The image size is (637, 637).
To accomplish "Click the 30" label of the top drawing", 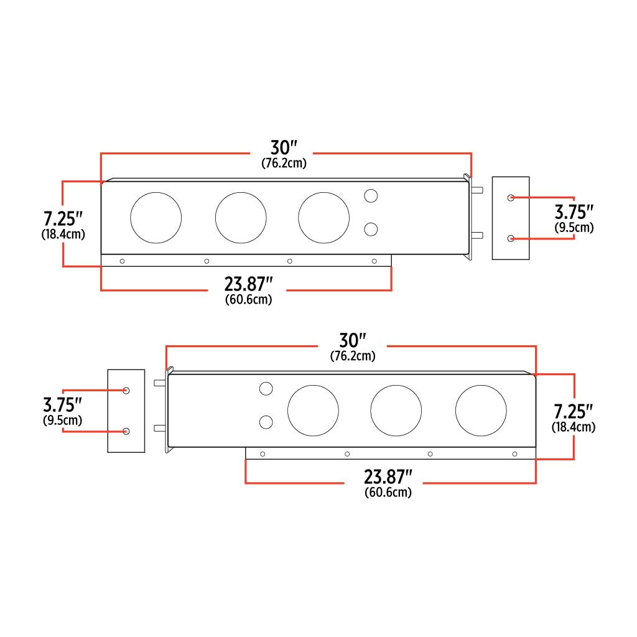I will pyautogui.click(x=284, y=148).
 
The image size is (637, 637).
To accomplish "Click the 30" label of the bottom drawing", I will pyautogui.click(x=352, y=341).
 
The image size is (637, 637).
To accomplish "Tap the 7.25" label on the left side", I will pyautogui.click(x=63, y=219).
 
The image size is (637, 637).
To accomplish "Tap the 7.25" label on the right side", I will pyautogui.click(x=574, y=411).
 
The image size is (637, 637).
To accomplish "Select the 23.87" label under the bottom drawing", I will pyautogui.click(x=389, y=478).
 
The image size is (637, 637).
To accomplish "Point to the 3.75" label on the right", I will pyautogui.click(x=574, y=212).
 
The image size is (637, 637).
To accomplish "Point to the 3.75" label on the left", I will pyautogui.click(x=63, y=405).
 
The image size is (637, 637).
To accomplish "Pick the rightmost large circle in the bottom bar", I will pyautogui.click(x=481, y=411).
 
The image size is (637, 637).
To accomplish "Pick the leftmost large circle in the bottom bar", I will pyautogui.click(x=313, y=411).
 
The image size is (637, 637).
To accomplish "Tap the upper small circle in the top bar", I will pyautogui.click(x=371, y=196).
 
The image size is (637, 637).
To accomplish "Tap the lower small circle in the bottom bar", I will pyautogui.click(x=266, y=422).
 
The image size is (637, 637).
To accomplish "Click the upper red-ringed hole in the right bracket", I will pyautogui.click(x=511, y=197).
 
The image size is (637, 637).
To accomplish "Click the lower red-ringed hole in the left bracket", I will pyautogui.click(x=126, y=431).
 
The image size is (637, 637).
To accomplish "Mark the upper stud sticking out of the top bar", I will pyautogui.click(x=477, y=191).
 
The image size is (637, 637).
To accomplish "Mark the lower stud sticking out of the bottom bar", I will pyautogui.click(x=159, y=427).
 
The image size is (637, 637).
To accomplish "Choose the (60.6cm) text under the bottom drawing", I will pyautogui.click(x=389, y=492).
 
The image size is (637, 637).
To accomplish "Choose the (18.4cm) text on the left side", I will pyautogui.click(x=63, y=235).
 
